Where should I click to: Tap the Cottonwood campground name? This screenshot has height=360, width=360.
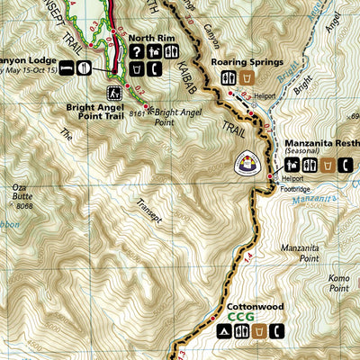tap(256, 306)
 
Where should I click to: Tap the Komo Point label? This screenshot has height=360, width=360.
tap(338, 283)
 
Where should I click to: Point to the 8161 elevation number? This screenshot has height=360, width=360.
tap(138, 112)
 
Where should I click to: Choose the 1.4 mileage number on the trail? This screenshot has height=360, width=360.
tap(248, 259)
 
